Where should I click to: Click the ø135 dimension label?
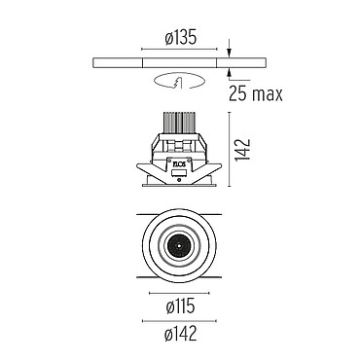(x=180, y=38)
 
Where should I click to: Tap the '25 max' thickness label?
(x=256, y=94)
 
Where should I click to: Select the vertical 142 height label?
(x=243, y=149)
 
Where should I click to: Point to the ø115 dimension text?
(x=180, y=306)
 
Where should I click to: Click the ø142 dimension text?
(x=180, y=334)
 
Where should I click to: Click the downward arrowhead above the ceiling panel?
(x=230, y=54)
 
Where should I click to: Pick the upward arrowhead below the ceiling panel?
(x=230, y=71)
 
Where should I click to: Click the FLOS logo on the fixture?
(x=179, y=164)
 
